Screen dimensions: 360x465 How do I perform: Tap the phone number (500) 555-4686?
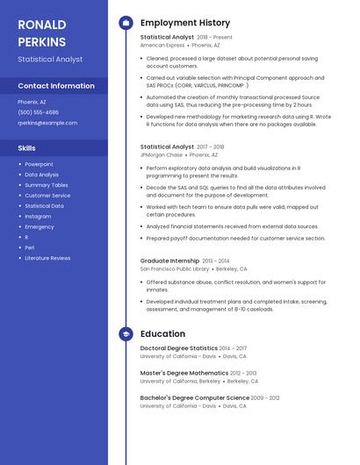[x=38, y=112]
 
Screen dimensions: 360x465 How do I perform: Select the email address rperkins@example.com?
[x=47, y=123]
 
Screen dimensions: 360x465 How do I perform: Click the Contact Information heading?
[x=56, y=86]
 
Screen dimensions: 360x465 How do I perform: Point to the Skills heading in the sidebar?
[x=26, y=148]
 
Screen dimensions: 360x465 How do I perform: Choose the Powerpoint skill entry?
[x=39, y=164]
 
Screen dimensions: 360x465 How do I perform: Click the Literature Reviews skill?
[x=47, y=258]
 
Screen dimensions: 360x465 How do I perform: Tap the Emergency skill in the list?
[x=40, y=226]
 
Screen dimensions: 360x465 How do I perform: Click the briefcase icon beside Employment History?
[x=126, y=22]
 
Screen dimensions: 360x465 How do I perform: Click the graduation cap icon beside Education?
[x=126, y=334]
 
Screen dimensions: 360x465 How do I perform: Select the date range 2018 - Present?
[x=215, y=38]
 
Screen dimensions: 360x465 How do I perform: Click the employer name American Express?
[x=162, y=45]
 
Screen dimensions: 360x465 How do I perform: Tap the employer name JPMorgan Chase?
[x=162, y=154]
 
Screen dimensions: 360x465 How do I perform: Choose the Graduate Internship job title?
[x=169, y=261]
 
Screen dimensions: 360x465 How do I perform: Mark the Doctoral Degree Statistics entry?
[x=179, y=348]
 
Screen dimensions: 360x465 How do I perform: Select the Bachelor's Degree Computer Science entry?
[x=194, y=397]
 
